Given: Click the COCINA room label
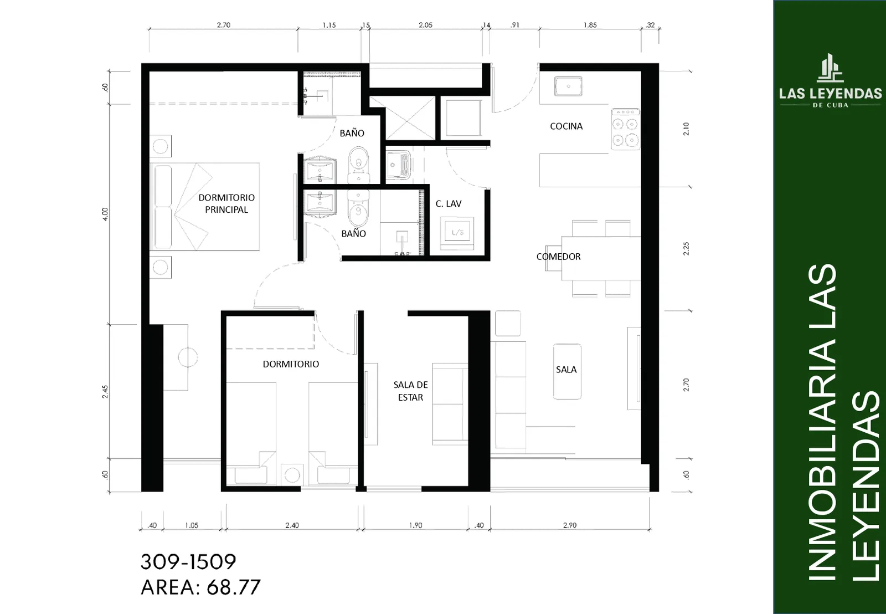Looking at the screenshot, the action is point(566,126).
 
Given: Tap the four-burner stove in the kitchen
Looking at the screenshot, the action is point(625,129).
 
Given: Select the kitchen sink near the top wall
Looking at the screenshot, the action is point(568,86).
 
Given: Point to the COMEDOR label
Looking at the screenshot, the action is point(558,257).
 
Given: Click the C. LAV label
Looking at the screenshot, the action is point(449,203).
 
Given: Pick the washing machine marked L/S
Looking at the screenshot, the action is point(457,233).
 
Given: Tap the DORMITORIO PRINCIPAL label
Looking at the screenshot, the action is point(226,203).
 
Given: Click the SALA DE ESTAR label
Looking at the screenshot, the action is point(410,391).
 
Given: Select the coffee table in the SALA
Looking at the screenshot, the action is point(567,371).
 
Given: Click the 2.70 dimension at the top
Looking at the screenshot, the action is point(224,25).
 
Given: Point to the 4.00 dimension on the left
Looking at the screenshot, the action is point(105,214).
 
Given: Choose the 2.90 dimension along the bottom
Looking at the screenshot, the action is point(570,525).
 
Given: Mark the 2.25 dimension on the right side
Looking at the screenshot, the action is point(686,249).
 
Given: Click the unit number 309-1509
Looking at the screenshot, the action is point(188,562).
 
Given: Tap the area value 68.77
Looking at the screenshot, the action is point(233,587).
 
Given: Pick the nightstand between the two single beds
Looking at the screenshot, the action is point(292,474).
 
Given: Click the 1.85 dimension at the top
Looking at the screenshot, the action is point(590,25).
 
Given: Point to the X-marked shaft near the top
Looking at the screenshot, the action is point(410,119).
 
